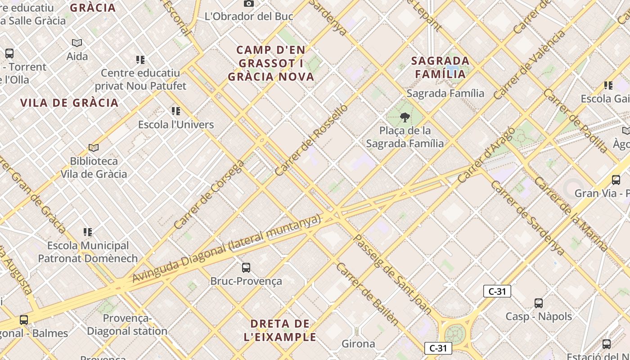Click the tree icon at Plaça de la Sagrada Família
(x=405, y=117)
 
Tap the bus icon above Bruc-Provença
(x=246, y=268)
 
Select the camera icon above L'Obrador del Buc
(x=248, y=4)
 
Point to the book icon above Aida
(x=77, y=43)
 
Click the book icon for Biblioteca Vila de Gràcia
(x=94, y=148)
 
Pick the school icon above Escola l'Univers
(x=176, y=111)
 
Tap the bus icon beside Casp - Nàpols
(x=539, y=303)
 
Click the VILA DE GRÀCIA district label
(x=69, y=103)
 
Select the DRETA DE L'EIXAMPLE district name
(x=280, y=330)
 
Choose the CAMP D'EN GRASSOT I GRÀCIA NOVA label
(x=271, y=63)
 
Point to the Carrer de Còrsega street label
(x=209, y=195)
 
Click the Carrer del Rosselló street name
(x=311, y=140)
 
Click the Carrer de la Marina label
(x=571, y=215)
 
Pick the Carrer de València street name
(x=529, y=66)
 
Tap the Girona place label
(x=359, y=344)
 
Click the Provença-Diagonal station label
(x=127, y=324)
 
